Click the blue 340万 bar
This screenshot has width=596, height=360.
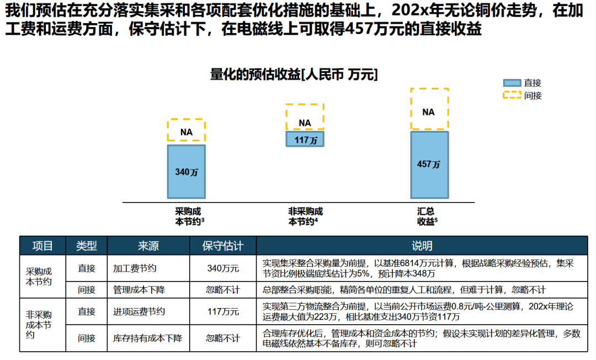click(187, 172)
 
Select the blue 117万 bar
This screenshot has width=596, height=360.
click(305, 139)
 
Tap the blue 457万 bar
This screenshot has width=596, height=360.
click(429, 165)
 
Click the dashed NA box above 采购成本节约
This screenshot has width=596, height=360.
click(187, 131)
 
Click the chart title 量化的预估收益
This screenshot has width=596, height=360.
click(294, 75)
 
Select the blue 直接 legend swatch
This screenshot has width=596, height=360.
click(512, 83)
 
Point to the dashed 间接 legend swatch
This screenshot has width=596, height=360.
click(512, 95)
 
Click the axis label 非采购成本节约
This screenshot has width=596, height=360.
click(305, 216)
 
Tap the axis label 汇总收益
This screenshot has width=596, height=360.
click(427, 216)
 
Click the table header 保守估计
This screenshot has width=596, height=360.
click(222, 245)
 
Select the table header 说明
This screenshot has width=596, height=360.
click(422, 245)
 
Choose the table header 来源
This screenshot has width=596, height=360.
click(148, 245)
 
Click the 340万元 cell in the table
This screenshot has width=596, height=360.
click(222, 268)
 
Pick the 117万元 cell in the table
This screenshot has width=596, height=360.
click(222, 311)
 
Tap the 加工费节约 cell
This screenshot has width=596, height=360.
click(135, 268)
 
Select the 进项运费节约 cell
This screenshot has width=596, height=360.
click(139, 311)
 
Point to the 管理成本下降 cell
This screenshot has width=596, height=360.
click(139, 289)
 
